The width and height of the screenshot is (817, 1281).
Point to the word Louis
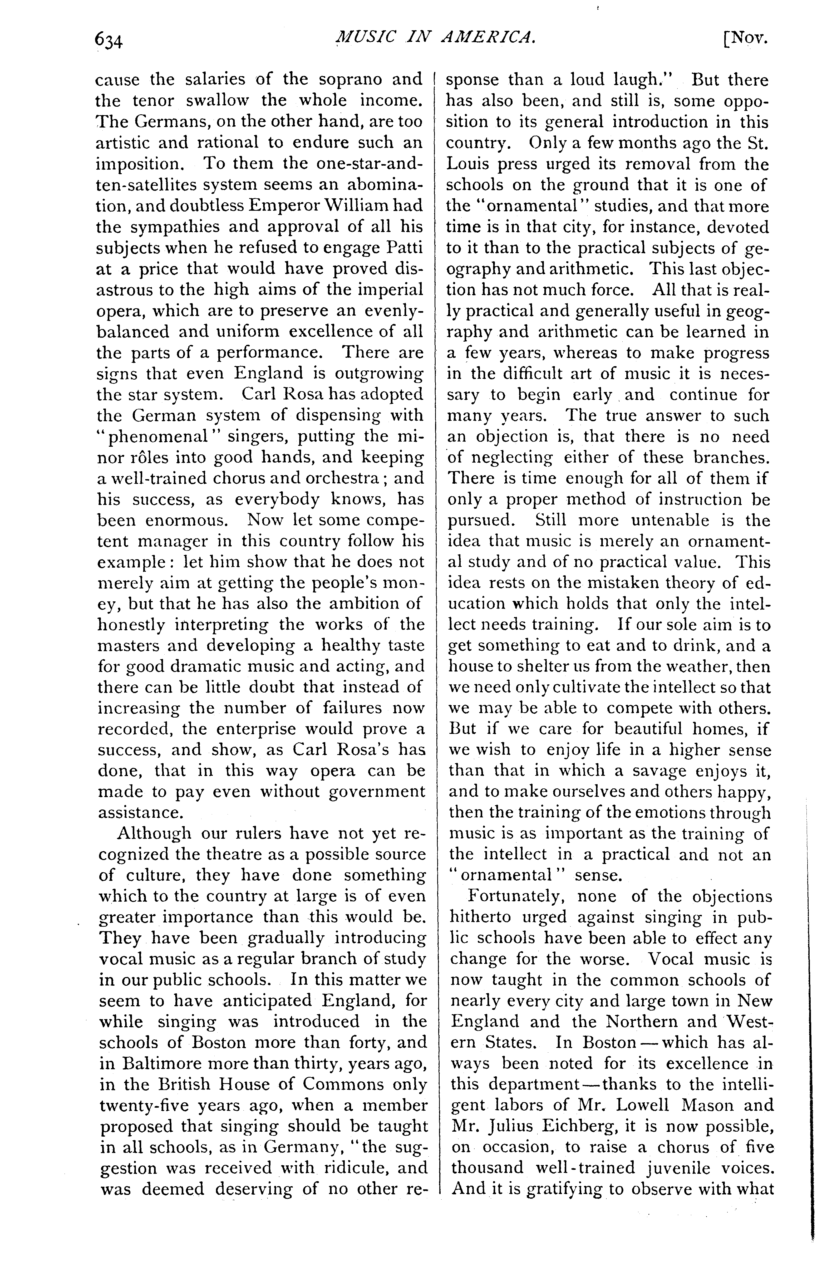point(468,164)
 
